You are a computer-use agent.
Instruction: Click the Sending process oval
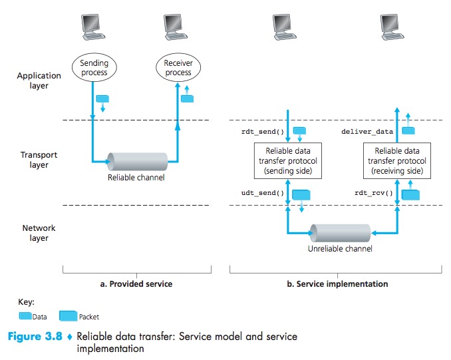coord(94,67)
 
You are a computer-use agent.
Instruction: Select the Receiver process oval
coord(178,67)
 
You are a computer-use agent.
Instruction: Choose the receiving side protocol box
coord(397,162)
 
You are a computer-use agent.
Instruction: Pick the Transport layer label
coord(39,160)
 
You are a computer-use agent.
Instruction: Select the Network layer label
coord(39,233)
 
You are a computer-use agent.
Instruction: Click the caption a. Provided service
coord(135,283)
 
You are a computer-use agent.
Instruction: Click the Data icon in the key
coord(25,317)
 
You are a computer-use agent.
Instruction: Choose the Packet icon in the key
coord(68,316)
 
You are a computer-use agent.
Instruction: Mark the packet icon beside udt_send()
coord(301,195)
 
